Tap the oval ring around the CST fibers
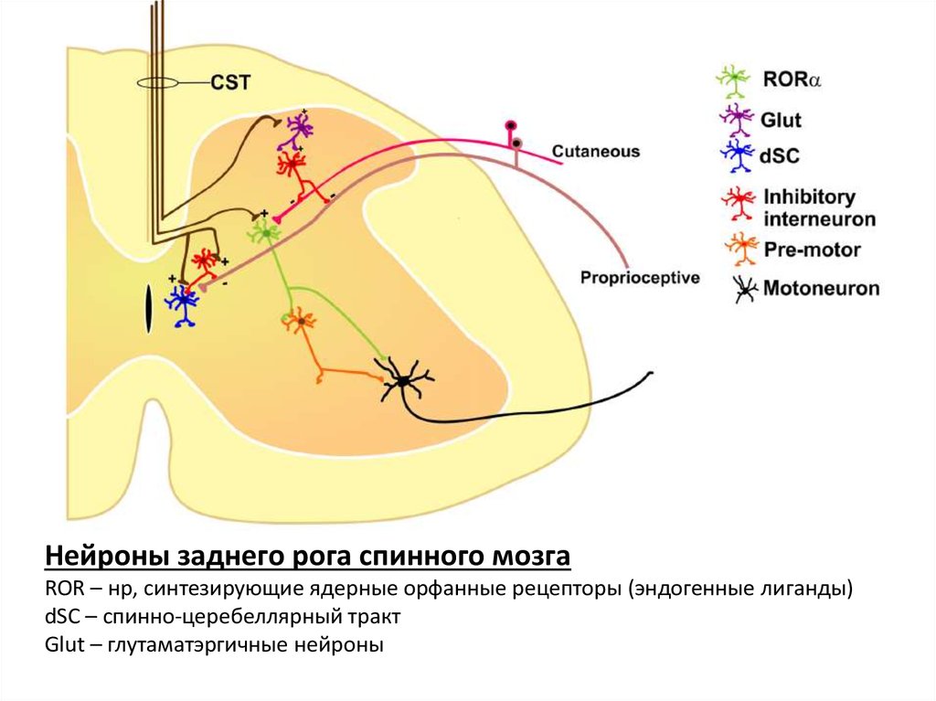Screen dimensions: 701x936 click(x=157, y=83)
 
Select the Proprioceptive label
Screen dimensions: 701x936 click(x=640, y=276)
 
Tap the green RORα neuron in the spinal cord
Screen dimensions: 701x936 click(x=265, y=233)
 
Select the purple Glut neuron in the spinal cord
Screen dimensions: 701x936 click(x=298, y=127)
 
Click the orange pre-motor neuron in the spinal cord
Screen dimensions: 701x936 click(x=299, y=321)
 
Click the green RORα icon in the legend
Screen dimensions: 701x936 click(x=734, y=80)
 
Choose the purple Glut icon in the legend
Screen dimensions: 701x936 click(x=734, y=118)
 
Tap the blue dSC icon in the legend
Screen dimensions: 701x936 click(x=734, y=155)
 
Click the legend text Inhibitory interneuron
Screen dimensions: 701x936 click(x=819, y=208)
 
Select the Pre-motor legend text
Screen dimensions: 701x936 click(x=812, y=250)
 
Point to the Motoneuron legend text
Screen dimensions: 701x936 click(x=821, y=289)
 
